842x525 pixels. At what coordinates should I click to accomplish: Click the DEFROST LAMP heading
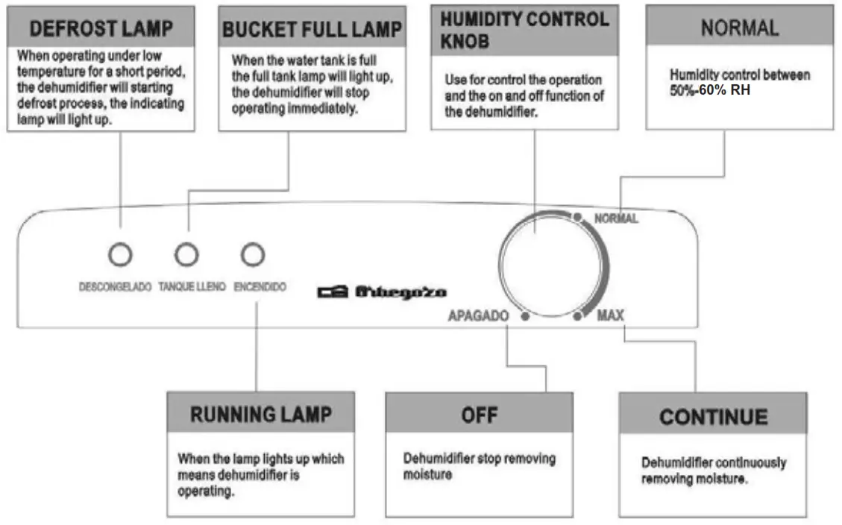pos(101,29)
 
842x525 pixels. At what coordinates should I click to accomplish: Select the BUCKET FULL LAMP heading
pos(312,30)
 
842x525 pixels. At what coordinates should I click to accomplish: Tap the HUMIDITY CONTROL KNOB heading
pos(524,30)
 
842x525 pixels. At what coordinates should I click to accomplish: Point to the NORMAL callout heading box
pos(739,28)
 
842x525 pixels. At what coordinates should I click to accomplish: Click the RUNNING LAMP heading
pos(260,415)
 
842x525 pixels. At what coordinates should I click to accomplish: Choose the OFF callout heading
pos(479,415)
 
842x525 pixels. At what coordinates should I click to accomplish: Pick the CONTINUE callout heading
pos(713,416)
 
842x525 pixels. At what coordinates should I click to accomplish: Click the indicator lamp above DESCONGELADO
pos(119,255)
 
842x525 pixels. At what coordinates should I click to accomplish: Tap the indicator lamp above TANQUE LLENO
pos(186,255)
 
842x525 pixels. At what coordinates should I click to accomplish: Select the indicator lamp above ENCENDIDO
pos(253,255)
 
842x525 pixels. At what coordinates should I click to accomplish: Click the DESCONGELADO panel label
pos(116,286)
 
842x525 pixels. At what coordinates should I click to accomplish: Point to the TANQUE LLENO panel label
pos(192,286)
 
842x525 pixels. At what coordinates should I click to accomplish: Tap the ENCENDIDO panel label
pos(260,286)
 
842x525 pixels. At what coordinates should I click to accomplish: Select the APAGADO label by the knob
pos(478,316)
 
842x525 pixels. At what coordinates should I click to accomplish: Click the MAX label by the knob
pos(610,316)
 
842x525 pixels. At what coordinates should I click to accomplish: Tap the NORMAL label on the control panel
pos(616,219)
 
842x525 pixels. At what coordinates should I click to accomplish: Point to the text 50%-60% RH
pos(710,90)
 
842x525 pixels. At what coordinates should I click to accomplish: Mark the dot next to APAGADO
pos(525,317)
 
